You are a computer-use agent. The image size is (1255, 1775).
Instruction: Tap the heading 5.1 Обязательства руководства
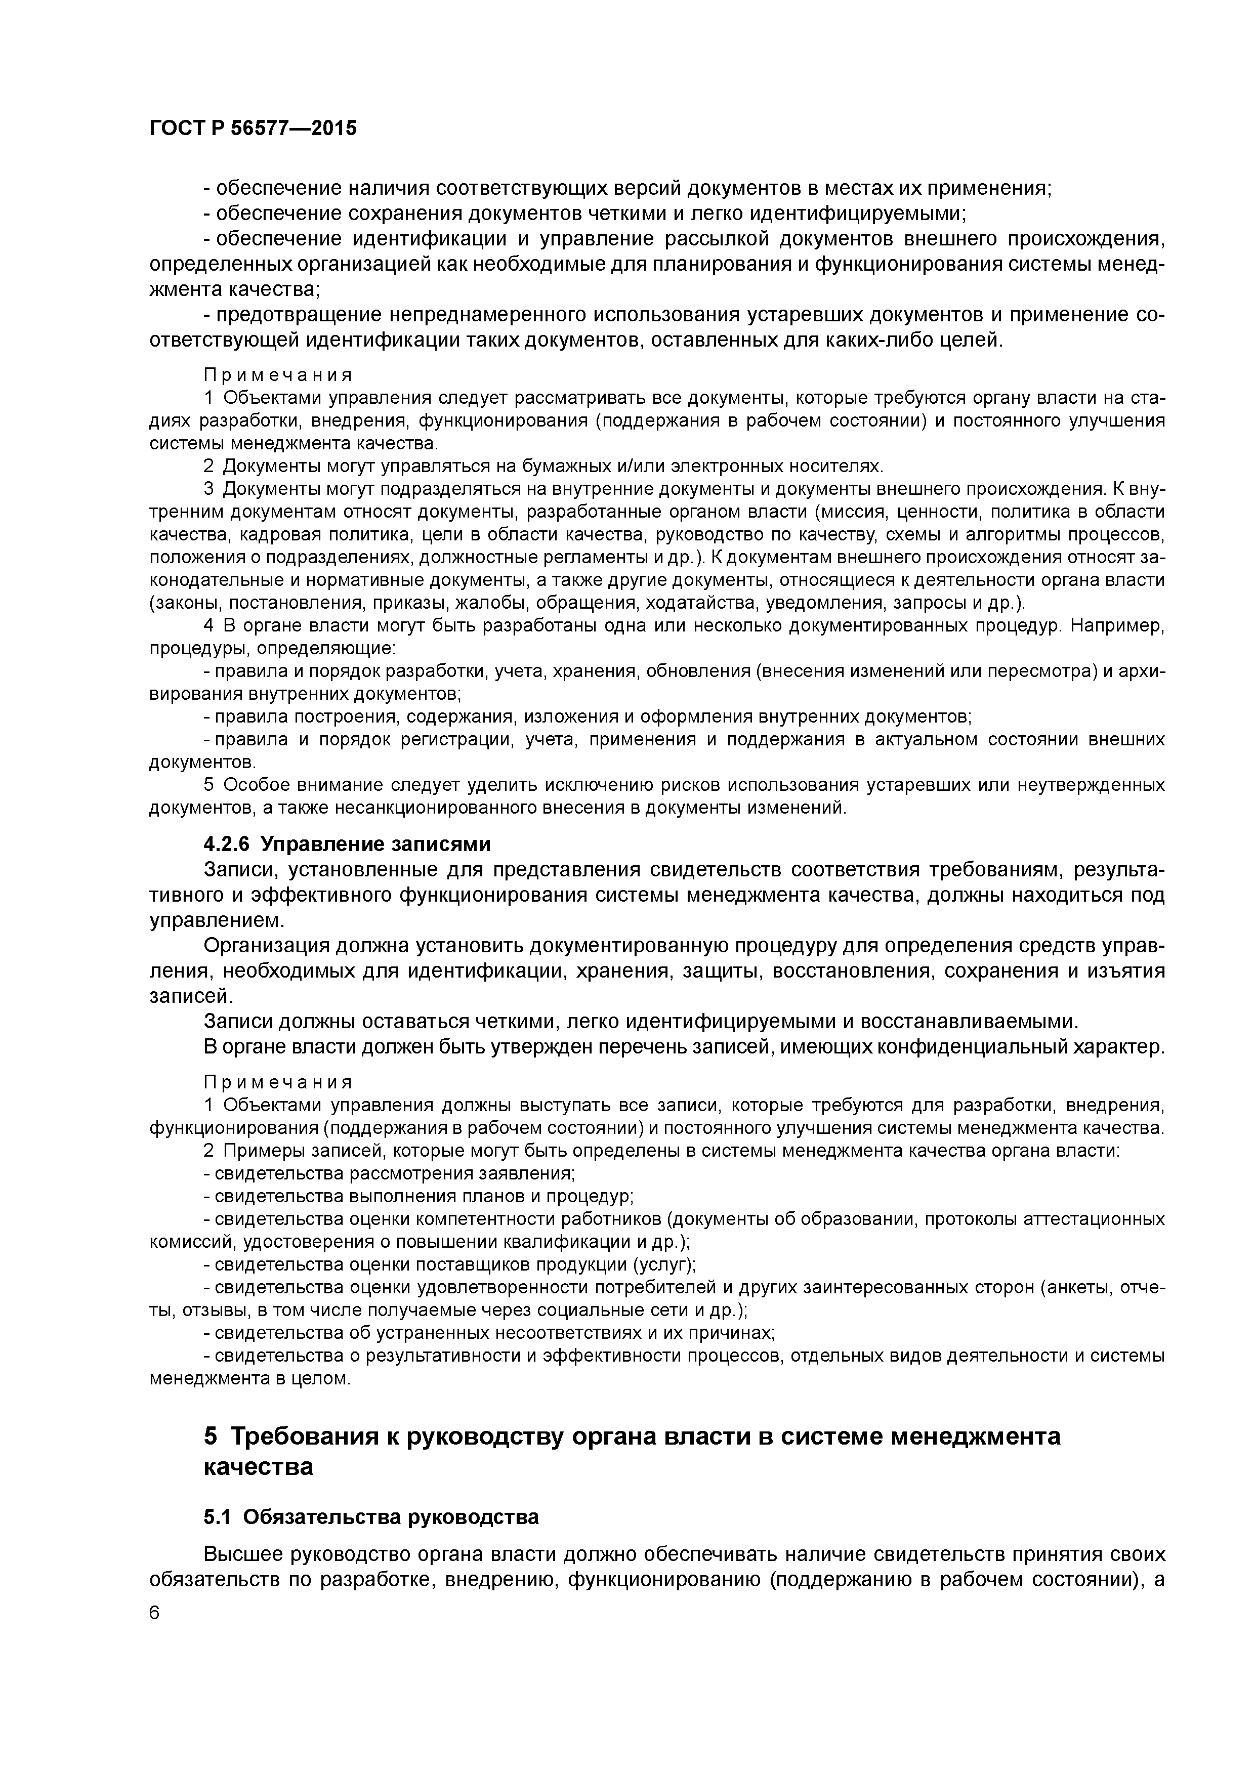[x=371, y=1516]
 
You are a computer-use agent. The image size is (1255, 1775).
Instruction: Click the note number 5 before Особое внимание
[x=208, y=785]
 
